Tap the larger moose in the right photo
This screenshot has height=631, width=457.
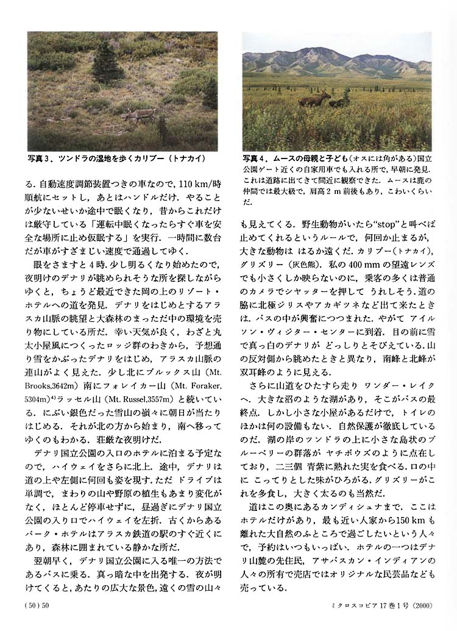tap(316, 99)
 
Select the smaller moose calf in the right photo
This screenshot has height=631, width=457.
tap(336, 103)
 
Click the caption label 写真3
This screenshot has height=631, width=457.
tap(40, 159)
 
